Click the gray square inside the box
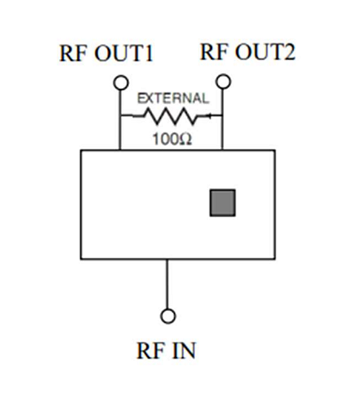point(222,203)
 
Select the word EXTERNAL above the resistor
point(173,99)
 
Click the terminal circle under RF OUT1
point(120,82)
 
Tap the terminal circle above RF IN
point(168,315)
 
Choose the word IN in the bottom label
point(186,350)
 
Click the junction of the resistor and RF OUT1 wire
point(120,117)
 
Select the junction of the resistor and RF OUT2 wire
point(223,117)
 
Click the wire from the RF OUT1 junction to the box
point(120,134)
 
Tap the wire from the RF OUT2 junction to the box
point(223,134)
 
